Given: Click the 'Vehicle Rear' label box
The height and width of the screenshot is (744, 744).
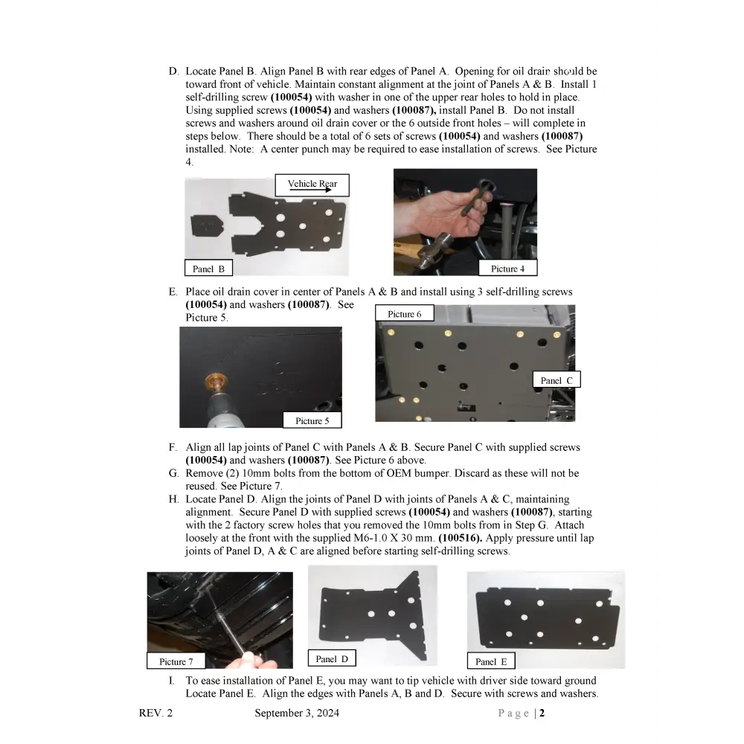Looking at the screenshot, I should tap(312, 185).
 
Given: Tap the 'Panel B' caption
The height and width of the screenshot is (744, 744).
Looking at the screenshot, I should tap(208, 269).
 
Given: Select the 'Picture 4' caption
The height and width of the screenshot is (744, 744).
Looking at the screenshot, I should tap(507, 269).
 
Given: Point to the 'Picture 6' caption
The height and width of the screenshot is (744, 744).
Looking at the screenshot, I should tap(404, 314).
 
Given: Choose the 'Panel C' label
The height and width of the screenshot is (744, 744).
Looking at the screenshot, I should tap(556, 380).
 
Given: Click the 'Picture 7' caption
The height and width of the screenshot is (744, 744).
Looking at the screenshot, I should tap(176, 661).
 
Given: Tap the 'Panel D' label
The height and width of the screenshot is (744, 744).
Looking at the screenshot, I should tap(331, 658).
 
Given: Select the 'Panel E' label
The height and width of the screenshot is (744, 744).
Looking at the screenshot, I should tap(490, 661).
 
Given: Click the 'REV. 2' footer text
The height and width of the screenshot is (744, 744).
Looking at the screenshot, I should tap(155, 713).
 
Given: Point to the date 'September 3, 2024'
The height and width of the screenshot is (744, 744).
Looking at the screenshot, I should tap(297, 713).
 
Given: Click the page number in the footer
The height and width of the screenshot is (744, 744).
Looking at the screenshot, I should tap(542, 713).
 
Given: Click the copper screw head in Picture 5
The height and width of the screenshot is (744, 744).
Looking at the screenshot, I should tap(214, 385).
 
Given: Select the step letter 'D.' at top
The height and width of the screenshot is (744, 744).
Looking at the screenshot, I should tap(173, 71).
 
